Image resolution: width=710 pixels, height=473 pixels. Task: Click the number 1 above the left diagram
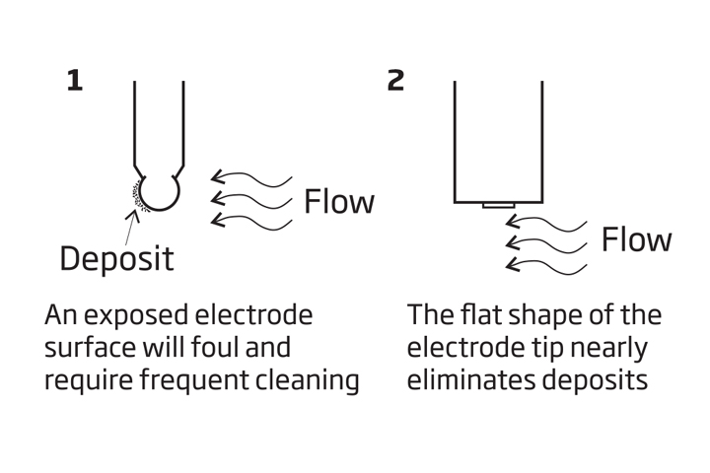(74, 81)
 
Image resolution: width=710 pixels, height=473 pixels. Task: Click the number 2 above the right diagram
(395, 81)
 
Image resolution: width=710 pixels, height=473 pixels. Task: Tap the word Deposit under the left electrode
(116, 258)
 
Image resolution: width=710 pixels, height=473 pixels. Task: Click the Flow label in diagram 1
(339, 202)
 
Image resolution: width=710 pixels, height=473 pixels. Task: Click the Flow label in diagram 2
(637, 239)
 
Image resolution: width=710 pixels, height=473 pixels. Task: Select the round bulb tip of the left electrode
(159, 190)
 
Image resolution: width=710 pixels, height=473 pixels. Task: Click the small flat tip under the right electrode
(497, 206)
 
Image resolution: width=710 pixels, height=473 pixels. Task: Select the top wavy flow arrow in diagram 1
(252, 178)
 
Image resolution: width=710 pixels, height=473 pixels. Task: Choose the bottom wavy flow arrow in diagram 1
(252, 220)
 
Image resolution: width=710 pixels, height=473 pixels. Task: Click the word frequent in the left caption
(184, 380)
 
